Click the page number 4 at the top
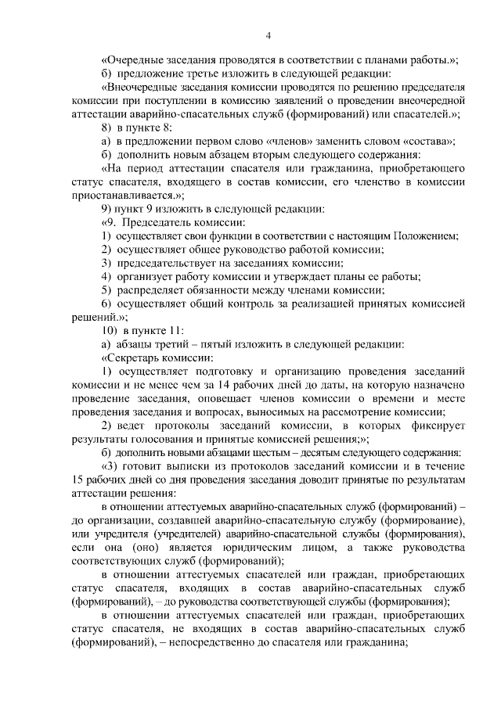[x=268, y=35]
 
